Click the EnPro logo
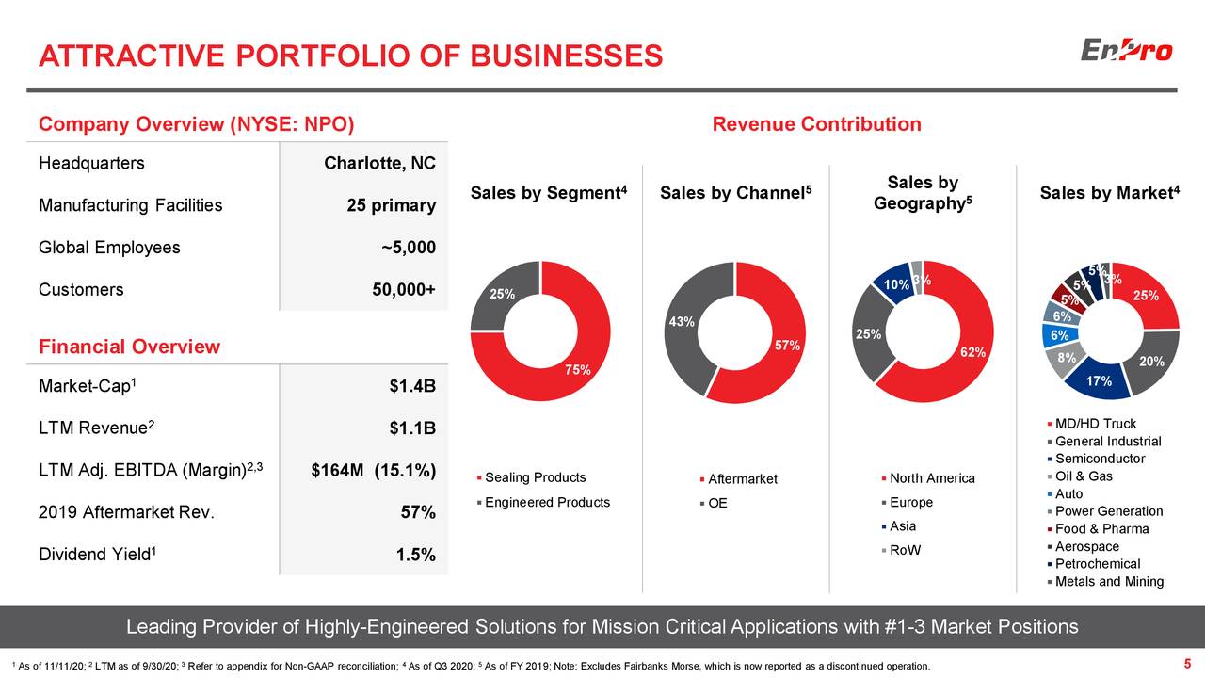pos(1126,50)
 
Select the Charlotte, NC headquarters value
pos(379,164)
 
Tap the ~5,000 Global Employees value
pos(408,248)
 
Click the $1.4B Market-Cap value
pos(411,387)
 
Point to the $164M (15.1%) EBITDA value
pos(373,471)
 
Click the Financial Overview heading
pos(129,347)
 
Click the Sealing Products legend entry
pos(534,477)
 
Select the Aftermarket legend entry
pos(742,479)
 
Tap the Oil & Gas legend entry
pos(1084,476)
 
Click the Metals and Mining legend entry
pos(1109,581)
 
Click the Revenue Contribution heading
pos(816,124)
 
